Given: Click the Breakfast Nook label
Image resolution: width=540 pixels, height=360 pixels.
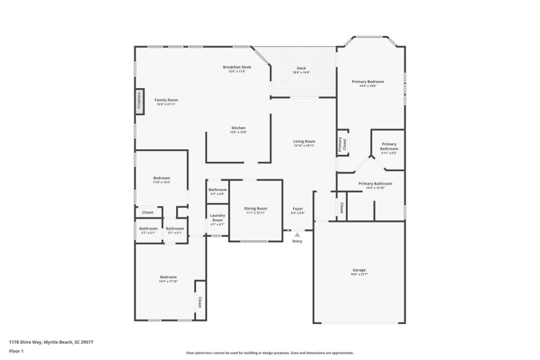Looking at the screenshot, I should [237, 67].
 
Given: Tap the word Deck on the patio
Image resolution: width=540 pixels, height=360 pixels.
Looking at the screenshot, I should [301, 68].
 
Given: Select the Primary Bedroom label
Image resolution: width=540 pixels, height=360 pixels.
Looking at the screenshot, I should [368, 82].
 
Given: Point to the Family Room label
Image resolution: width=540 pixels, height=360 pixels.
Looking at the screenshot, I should [166, 100].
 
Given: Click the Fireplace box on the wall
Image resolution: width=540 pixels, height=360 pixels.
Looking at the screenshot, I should [138, 102].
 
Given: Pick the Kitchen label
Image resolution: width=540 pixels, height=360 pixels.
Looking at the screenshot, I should [238, 128].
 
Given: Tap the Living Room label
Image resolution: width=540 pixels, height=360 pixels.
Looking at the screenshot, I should [304, 141].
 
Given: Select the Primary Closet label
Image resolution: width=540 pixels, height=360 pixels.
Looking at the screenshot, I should [343, 145].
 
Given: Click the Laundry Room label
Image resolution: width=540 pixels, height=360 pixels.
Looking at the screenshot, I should [217, 218].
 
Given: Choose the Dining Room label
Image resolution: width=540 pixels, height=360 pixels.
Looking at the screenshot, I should [255, 208].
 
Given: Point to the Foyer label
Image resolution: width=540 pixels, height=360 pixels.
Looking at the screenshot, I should [298, 208].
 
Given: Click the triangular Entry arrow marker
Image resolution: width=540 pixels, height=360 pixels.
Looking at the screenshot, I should [297, 235].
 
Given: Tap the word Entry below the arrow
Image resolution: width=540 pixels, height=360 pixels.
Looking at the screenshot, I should [297, 241].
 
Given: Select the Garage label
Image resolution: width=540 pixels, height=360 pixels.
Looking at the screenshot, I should [359, 271].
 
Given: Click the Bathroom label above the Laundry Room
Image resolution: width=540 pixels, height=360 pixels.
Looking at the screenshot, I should [217, 190].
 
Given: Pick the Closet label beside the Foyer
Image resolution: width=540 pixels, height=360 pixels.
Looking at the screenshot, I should [341, 208].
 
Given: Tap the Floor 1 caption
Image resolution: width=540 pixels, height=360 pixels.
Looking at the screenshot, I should [16, 351].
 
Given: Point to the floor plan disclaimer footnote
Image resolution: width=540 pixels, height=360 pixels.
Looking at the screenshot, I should [269, 352].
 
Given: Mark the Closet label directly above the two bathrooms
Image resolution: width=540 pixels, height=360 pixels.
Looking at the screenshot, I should [147, 212].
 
